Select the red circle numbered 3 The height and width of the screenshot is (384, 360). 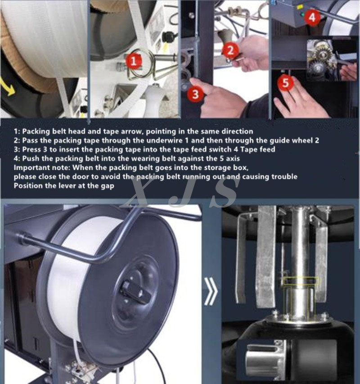click(195, 93)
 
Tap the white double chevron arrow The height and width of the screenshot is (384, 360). click(210, 290)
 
